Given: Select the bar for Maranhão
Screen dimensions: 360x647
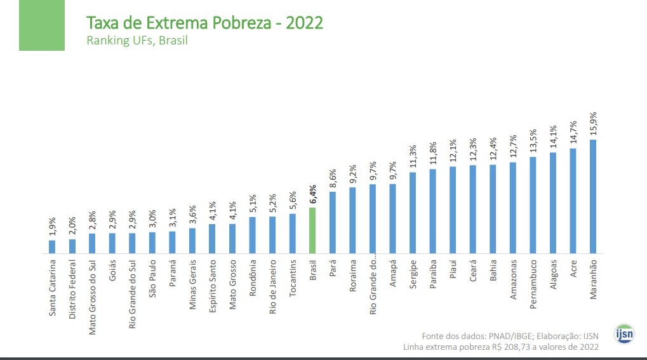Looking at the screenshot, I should [x=593, y=197].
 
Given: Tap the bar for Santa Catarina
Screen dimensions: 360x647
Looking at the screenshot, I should [x=52, y=247].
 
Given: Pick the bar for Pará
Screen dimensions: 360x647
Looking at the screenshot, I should [x=332, y=223].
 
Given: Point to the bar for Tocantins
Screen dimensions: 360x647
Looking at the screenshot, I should [x=292, y=234].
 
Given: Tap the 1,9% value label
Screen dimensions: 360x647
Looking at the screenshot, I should [x=52, y=225].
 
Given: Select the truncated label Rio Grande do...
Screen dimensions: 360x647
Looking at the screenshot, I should [x=373, y=286].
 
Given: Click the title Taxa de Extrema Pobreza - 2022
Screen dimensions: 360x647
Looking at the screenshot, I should [x=204, y=23].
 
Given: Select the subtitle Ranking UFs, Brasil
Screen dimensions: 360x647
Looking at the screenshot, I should [x=137, y=41].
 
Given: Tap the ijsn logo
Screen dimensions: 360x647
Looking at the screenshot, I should [x=624, y=333].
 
